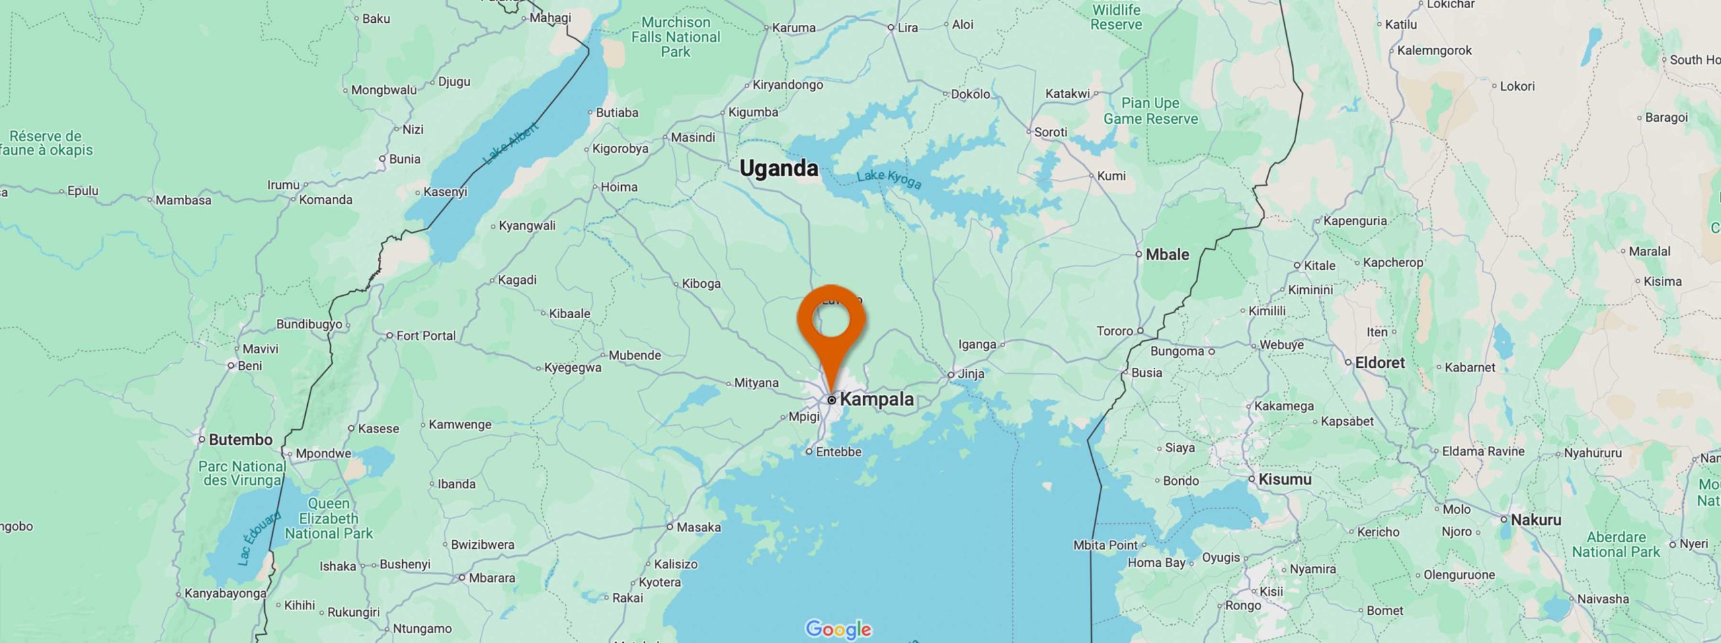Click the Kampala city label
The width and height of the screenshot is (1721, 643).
877,399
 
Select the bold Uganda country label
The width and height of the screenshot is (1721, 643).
778,168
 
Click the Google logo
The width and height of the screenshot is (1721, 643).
838,630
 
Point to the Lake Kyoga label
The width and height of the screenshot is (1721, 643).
889,179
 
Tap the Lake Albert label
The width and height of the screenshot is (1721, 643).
511,144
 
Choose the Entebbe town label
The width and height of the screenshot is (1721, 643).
838,452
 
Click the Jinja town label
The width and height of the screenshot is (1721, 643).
971,374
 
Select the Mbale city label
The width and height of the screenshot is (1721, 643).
1167,255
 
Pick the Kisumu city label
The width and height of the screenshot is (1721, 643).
1285,480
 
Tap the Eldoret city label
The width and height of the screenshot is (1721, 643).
1379,363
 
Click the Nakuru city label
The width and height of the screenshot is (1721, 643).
1535,520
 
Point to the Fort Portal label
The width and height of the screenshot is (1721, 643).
426,336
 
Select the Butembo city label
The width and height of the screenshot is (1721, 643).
240,440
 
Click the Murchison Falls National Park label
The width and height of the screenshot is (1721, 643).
675,37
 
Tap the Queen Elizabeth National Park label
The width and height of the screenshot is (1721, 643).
328,519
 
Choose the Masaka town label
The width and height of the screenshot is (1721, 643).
698,527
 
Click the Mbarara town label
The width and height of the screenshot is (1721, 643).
491,578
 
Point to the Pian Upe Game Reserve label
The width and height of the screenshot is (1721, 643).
1150,111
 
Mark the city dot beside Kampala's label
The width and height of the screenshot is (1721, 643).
832,400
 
